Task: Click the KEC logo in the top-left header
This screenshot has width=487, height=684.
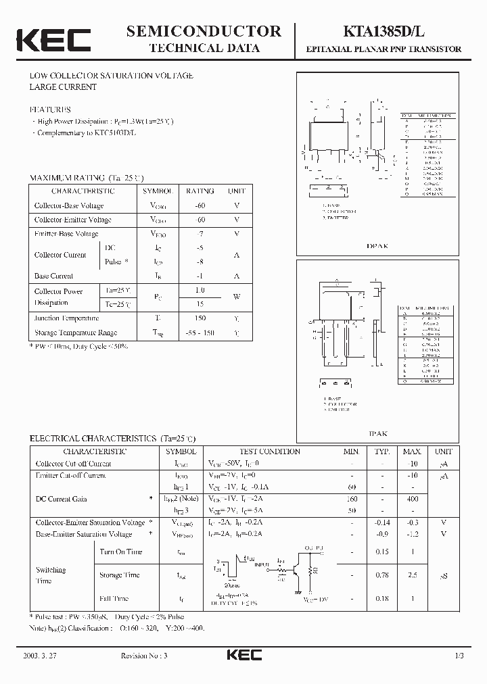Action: (x=52, y=40)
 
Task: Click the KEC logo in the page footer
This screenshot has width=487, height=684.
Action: (x=243, y=656)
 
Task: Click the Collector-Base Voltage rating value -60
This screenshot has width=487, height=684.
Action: (x=200, y=205)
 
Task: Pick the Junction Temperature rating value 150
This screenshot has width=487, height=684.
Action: (x=200, y=318)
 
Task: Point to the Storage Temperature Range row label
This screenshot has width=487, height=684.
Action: (x=76, y=333)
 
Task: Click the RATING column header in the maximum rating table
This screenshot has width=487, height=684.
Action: (x=200, y=191)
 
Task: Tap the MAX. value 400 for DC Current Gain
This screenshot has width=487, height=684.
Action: (x=411, y=498)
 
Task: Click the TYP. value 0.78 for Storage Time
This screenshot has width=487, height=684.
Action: (x=382, y=575)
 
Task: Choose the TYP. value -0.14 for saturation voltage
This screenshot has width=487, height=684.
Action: (x=382, y=522)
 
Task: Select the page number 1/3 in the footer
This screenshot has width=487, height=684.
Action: (x=459, y=656)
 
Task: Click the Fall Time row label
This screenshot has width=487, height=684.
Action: (x=114, y=598)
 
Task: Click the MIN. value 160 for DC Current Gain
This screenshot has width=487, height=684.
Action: (x=351, y=498)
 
